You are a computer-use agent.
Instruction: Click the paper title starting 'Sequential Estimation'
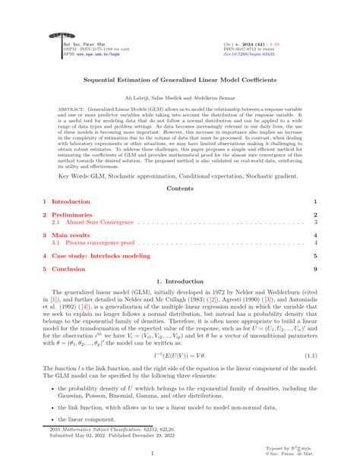179,78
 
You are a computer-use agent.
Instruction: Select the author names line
179,99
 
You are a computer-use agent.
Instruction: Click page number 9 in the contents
314,270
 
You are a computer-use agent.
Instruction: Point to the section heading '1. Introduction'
179,283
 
